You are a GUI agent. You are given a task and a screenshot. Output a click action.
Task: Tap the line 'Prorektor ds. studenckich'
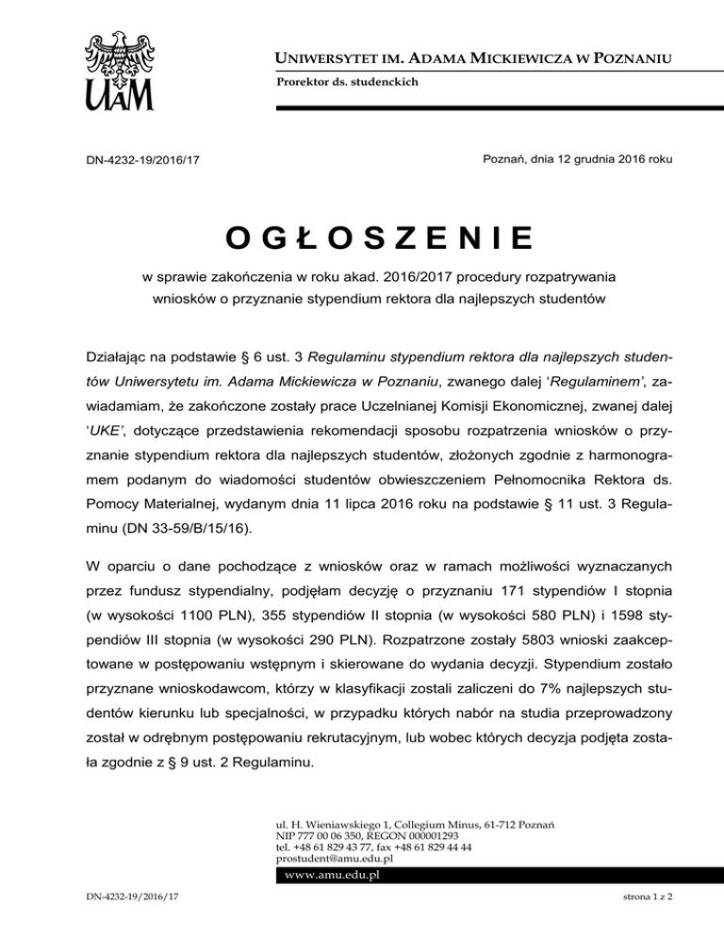click(347, 82)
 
